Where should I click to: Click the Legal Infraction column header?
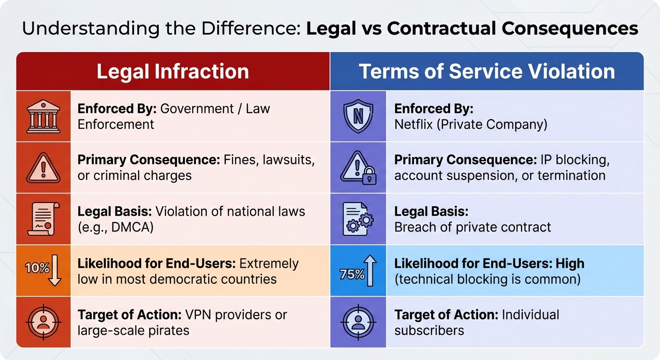172,72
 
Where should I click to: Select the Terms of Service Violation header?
487,72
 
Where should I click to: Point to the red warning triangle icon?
43,167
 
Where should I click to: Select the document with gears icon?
358,219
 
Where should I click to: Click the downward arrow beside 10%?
55,270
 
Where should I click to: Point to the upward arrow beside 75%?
370,270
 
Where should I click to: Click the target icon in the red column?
43,322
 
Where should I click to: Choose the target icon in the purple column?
358,322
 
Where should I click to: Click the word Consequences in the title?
570,29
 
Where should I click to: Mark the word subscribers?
429,330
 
